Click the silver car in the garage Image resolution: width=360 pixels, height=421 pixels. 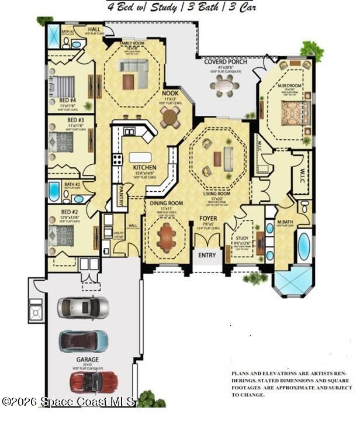[x=83, y=306]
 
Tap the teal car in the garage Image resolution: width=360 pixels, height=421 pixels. [x=84, y=340]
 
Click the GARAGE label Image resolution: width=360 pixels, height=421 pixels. [x=87, y=360]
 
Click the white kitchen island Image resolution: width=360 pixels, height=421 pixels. [x=140, y=157]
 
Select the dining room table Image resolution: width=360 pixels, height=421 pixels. [x=167, y=237]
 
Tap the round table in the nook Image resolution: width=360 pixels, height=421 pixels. [x=171, y=117]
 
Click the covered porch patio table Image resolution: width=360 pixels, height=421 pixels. [x=224, y=85]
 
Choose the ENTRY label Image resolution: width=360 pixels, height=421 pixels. [x=207, y=256]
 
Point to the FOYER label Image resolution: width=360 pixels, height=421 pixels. [x=207, y=218]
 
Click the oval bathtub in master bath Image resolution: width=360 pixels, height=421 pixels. [x=303, y=246]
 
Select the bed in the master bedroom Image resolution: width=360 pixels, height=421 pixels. [x=290, y=111]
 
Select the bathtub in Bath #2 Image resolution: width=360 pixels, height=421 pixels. [x=54, y=191]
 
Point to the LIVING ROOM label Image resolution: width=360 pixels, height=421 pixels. [x=216, y=194]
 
